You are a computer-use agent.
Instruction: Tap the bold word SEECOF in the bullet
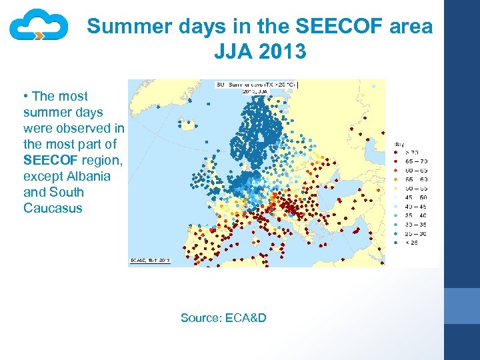pyautogui.click(x=51, y=161)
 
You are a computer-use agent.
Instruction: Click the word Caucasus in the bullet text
pyautogui.click(x=53, y=208)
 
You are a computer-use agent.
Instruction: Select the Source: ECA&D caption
pyautogui.click(x=223, y=318)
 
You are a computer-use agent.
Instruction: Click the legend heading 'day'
pyautogui.click(x=399, y=143)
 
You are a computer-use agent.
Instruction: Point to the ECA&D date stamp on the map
pyautogui.click(x=150, y=261)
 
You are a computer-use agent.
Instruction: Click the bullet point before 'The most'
pyautogui.click(x=25, y=97)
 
